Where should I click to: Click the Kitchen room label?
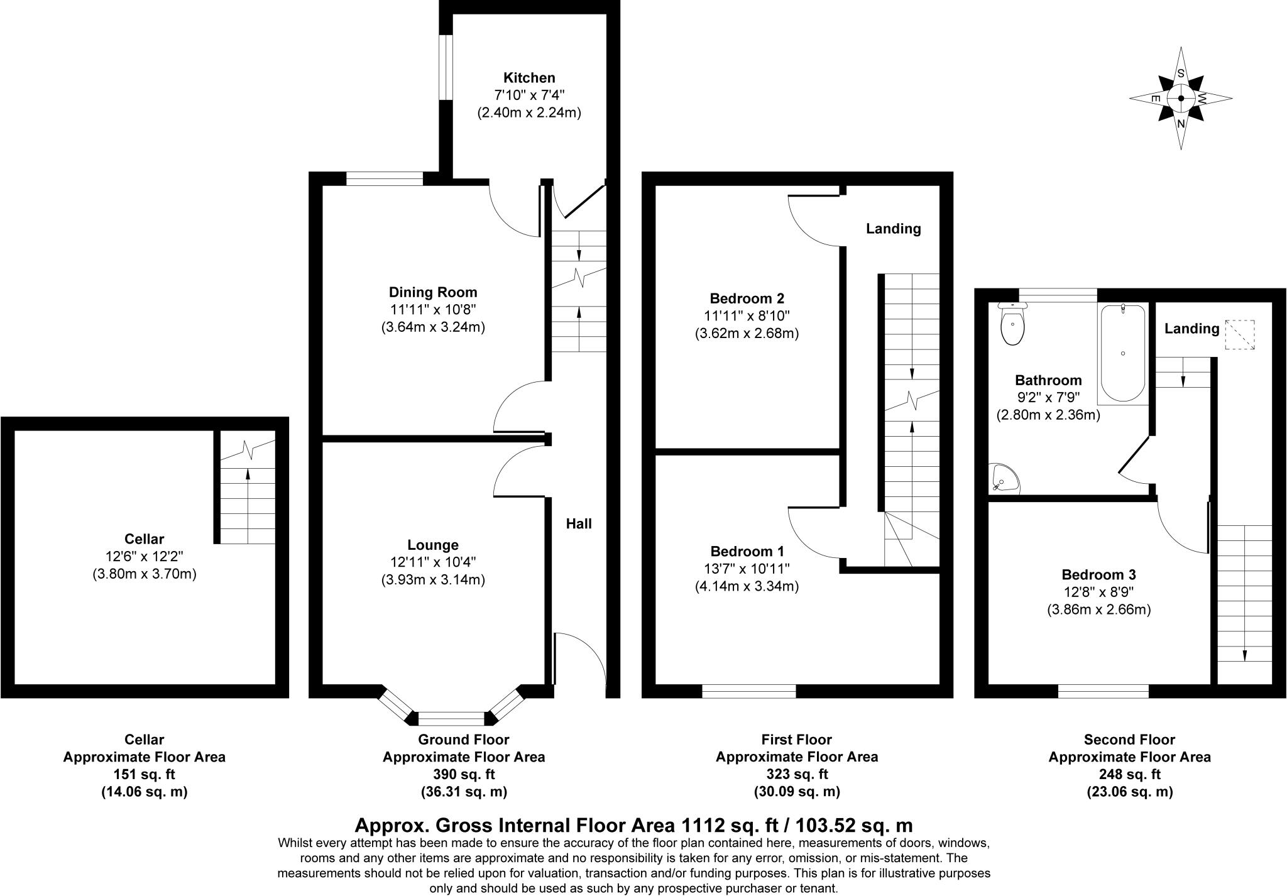529,78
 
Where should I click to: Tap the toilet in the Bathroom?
1012,324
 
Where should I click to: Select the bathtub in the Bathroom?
1123,353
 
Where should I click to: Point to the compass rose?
1180,99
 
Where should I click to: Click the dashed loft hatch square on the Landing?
1239,335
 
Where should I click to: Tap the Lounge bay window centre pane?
451,718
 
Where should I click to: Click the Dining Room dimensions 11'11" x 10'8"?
433,310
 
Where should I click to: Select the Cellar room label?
144,539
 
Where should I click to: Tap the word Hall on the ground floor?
579,524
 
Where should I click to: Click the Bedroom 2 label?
747,298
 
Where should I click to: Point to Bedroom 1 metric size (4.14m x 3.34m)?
747,587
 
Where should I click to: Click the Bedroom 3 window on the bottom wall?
1103,692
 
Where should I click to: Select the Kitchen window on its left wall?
446,67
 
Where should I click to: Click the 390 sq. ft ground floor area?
464,774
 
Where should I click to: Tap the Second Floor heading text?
1129,740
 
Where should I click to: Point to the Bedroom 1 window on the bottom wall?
748,692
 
